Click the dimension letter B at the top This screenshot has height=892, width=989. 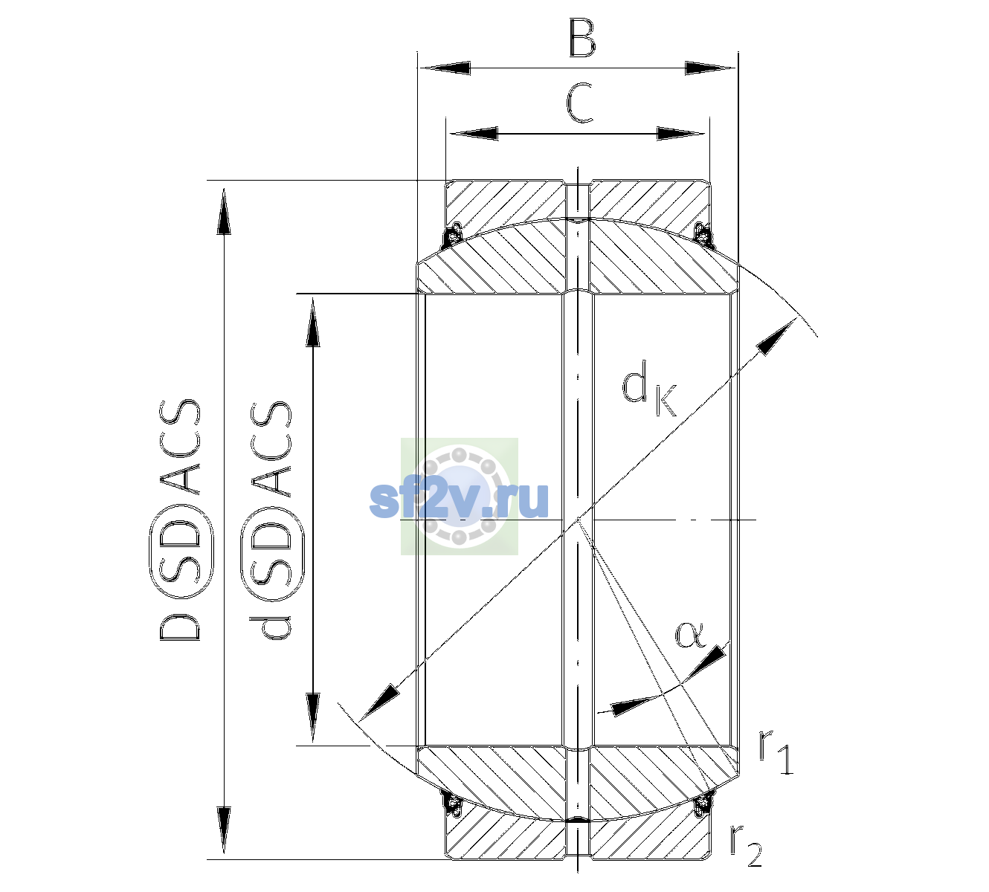[x=582, y=37]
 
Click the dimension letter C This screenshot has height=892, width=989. [x=579, y=103]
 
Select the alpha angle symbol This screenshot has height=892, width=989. [x=690, y=636]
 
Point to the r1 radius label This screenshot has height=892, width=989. [x=776, y=752]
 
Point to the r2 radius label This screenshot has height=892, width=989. [x=746, y=846]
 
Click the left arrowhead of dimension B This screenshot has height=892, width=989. [x=445, y=68]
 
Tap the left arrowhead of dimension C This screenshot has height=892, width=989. [x=473, y=134]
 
